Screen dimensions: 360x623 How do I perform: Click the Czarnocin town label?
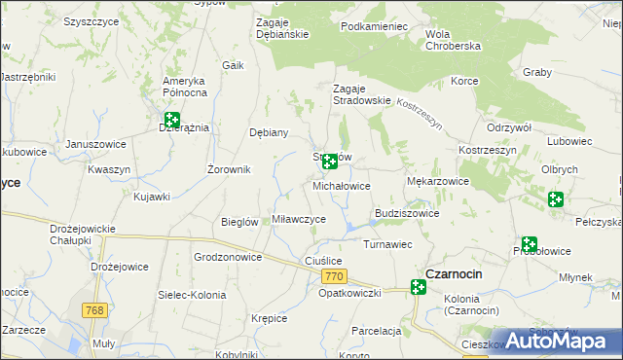(x=453, y=273)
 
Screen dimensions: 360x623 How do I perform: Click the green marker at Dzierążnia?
(x=172, y=122)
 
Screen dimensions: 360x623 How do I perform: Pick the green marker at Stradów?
(x=330, y=161)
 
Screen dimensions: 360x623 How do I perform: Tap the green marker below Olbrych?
(x=556, y=200)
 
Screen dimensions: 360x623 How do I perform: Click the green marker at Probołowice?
(x=530, y=245)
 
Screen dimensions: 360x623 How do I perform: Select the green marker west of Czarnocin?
(x=419, y=287)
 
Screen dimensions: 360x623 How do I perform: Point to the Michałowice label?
(x=342, y=185)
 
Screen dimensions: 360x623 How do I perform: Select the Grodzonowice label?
(x=229, y=258)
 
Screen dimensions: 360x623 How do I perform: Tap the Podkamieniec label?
(x=375, y=27)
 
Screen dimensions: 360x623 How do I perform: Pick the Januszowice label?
(x=96, y=144)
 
